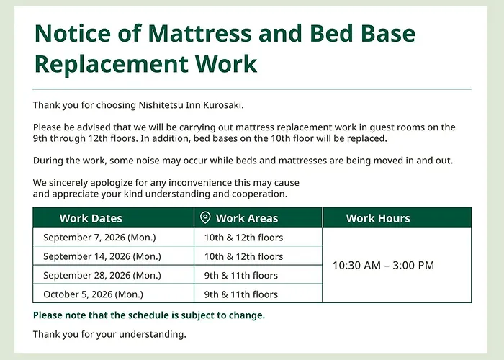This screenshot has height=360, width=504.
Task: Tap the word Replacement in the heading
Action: [x=111, y=63]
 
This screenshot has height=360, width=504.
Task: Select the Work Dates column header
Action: [x=91, y=218]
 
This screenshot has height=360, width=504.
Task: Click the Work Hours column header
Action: [x=378, y=218]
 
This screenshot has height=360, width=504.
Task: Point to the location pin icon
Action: [x=205, y=217]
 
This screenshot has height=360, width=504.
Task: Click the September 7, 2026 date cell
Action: [x=99, y=237]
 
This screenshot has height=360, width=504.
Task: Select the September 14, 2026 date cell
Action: [x=102, y=256]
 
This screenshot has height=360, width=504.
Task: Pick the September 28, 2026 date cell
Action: [x=102, y=275]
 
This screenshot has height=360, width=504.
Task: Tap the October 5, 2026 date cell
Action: [x=93, y=294]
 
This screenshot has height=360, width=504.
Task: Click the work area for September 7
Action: [x=243, y=238]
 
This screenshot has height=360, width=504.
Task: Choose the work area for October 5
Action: [x=241, y=294]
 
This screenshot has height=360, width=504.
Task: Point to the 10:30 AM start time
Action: [x=356, y=266]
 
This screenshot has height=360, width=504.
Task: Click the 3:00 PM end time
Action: [x=413, y=266]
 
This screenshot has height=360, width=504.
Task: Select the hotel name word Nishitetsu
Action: [x=161, y=105]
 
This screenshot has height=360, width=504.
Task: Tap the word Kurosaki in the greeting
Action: [x=223, y=105]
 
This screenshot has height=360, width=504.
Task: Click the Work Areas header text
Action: [x=247, y=218]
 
